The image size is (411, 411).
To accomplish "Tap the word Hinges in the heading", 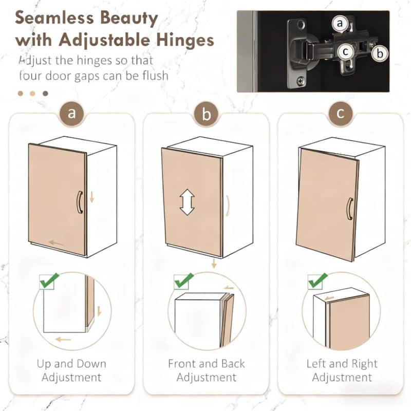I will tap(182, 40).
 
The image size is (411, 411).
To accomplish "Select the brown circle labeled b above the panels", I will tap(206, 114).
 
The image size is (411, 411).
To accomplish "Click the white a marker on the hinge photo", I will tap(340, 24).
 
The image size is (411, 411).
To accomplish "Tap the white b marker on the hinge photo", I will tap(380, 53).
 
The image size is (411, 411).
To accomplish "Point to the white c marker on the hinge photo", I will tap(346, 51).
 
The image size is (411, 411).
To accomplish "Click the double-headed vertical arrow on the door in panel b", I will tap(187, 202).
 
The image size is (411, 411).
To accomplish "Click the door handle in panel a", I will tap(79, 202).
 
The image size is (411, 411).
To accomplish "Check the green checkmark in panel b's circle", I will tap(183, 281).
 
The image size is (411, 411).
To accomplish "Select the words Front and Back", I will tap(206, 364).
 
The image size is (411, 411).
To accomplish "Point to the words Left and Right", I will tap(342, 364).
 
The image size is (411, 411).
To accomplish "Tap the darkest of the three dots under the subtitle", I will tap(45, 94).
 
